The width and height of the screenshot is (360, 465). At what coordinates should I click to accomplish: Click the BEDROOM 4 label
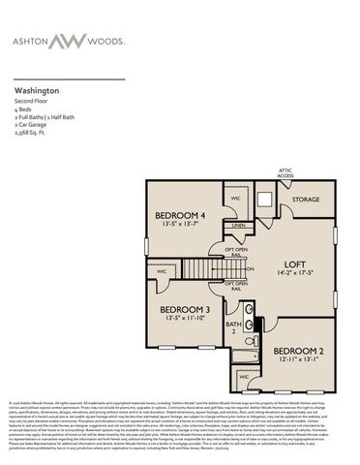tap(181, 215)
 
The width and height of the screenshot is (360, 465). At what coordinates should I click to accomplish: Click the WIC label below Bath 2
tap(244, 375)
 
